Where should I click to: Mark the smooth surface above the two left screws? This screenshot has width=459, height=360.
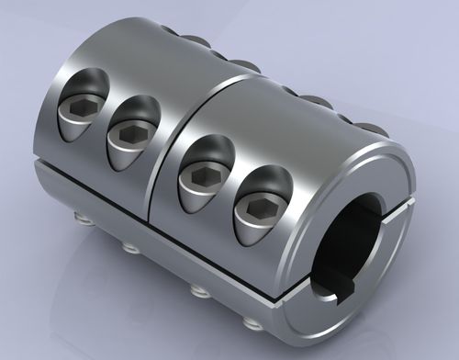coord(119,69)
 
